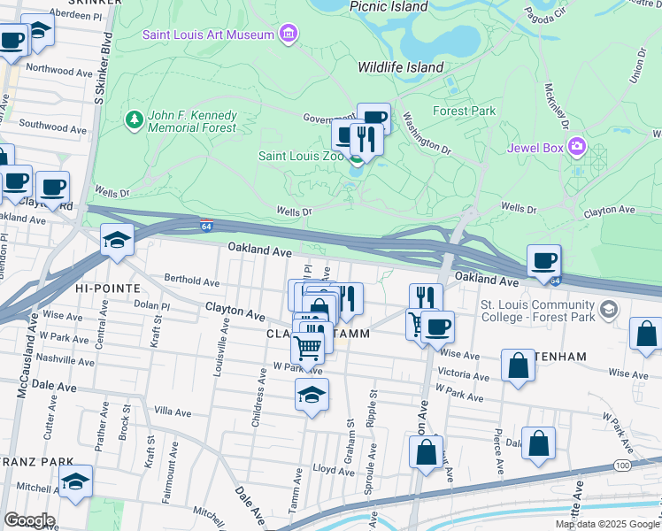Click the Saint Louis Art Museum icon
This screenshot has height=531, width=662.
click(x=288, y=35)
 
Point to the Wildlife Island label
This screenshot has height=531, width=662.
click(x=400, y=67)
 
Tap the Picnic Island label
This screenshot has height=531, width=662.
click(x=389, y=6)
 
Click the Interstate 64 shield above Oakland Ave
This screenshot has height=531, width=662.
click(x=206, y=226)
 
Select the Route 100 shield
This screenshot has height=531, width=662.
click(x=624, y=465)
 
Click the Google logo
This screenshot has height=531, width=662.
click(x=28, y=520)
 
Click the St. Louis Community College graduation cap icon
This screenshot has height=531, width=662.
click(x=608, y=310)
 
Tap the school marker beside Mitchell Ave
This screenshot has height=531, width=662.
click(x=76, y=481)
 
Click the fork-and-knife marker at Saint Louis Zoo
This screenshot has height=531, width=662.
click(x=365, y=136)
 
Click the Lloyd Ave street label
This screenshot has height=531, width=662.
click(x=334, y=471)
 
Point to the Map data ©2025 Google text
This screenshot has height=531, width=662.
click(x=606, y=524)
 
